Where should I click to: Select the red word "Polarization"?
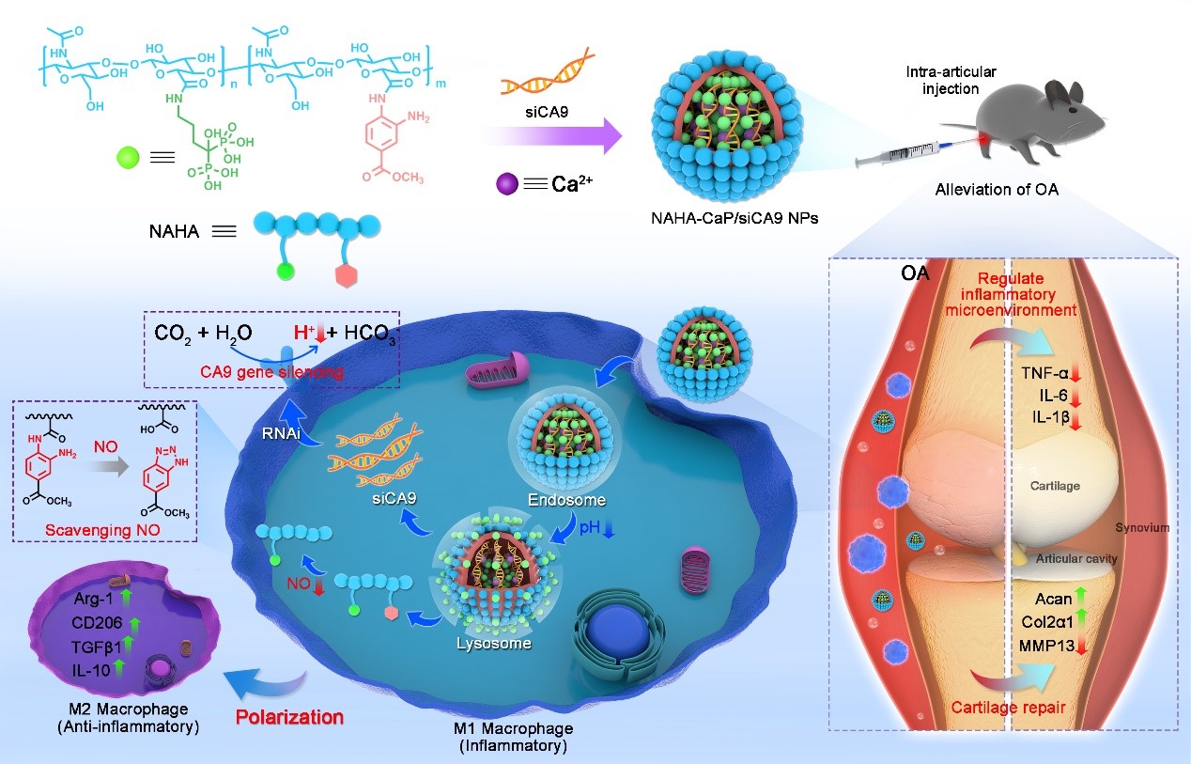[x=291, y=717]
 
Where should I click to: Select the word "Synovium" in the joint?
[x=1142, y=528]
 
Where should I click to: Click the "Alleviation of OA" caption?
[x=996, y=189]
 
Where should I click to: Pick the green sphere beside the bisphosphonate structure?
[x=129, y=156]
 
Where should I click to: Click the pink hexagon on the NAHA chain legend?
[x=341, y=276]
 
